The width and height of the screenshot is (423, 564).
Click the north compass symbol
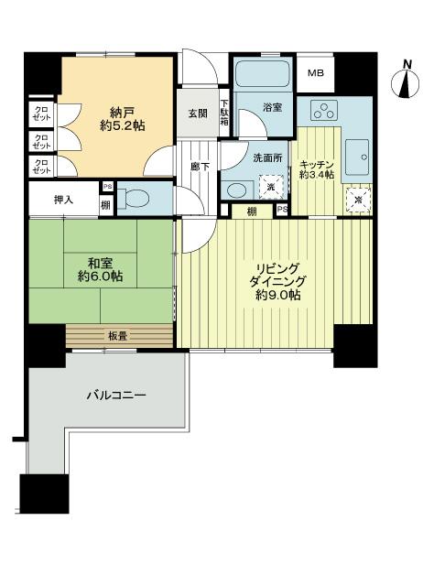[404, 80]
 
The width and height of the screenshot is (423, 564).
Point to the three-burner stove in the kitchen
[324, 110]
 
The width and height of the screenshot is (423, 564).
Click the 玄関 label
[198, 114]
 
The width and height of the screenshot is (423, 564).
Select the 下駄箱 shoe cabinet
[224, 111]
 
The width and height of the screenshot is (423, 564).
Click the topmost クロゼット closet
[42, 115]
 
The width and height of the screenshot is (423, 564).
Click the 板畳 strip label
[118, 336]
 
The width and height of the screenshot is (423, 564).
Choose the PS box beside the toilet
[107, 188]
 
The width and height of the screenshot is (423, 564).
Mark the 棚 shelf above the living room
[250, 211]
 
